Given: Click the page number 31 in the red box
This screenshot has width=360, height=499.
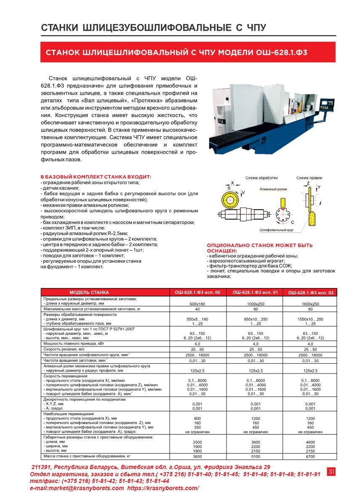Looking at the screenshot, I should pyautogui.click(x=331, y=472).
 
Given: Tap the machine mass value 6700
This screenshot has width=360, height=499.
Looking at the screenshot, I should pyautogui.click(x=310, y=456).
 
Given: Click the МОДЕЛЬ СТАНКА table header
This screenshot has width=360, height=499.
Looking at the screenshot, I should pyautogui.click(x=89, y=292).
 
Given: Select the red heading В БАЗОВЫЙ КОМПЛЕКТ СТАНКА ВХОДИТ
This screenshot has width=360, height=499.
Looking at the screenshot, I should pyautogui.click(x=96, y=177).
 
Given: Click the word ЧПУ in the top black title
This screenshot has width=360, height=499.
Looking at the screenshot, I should pyautogui.click(x=254, y=28).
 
